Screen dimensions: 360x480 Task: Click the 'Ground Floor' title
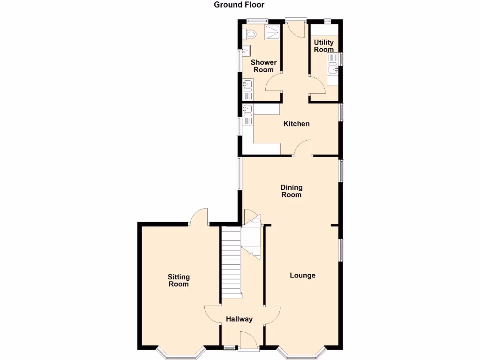pos(239,5)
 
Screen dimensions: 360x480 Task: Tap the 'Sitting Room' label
pos(178,280)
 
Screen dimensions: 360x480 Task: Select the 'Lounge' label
pos(302,275)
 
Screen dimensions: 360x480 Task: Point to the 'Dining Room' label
pos(291,191)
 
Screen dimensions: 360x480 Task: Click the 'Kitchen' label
pos(297,124)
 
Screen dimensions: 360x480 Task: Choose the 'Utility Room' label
pos(324,46)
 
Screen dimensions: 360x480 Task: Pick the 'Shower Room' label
pos(263,66)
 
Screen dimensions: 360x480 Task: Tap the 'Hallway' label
pos(239,319)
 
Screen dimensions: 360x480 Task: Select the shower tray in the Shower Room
pos(272,33)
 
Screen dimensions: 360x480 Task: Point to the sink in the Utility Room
pos(333,69)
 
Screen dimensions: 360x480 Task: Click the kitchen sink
pos(247,111)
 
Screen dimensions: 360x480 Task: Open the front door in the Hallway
pos(248,340)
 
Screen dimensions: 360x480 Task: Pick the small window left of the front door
pos(230,348)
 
